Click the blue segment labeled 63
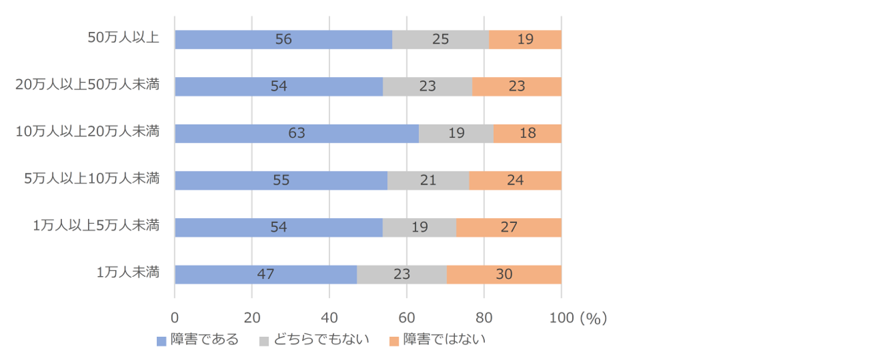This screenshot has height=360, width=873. [297, 134]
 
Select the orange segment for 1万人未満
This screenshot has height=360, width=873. [504, 275]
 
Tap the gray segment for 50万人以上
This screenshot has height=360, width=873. [441, 40]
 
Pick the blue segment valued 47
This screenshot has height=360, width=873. [265, 275]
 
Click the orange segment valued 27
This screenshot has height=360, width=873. [509, 228]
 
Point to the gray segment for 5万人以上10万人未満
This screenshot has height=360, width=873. [428, 181]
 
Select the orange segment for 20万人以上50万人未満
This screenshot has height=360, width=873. [516, 87]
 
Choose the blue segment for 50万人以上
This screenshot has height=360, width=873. [283, 40]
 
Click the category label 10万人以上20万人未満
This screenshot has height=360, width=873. [87, 131]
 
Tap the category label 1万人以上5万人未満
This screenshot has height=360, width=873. [96, 225]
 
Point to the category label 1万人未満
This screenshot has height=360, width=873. [128, 272]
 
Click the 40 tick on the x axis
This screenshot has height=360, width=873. [329, 318]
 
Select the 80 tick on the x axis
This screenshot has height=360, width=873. [484, 318]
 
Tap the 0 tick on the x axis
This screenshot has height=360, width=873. [175, 318]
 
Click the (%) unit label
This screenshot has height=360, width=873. [593, 318]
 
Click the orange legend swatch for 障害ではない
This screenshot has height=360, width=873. [394, 340]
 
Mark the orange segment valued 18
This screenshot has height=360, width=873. [527, 134]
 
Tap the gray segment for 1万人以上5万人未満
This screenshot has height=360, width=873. [419, 228]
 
